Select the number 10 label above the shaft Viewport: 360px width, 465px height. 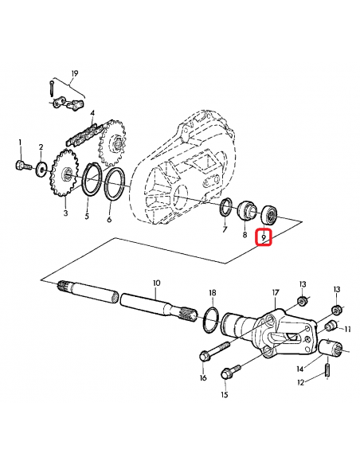[156, 283]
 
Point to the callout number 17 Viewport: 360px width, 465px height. [276, 292]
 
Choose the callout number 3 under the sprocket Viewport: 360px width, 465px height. [65, 214]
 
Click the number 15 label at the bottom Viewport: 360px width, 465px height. [224, 395]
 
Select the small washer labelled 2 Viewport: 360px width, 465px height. [41, 170]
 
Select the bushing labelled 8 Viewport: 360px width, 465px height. [247, 213]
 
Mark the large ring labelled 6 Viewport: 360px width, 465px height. [115, 184]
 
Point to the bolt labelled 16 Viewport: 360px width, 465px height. [215, 351]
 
